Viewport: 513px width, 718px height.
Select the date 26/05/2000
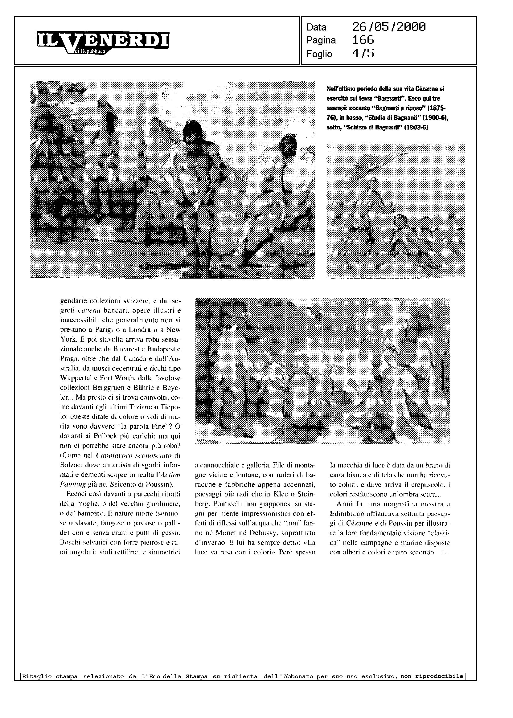tap(388, 27)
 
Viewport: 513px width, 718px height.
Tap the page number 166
tap(363, 40)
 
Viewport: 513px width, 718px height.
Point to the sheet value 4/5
tap(363, 53)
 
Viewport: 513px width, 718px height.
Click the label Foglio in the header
tap(319, 54)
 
